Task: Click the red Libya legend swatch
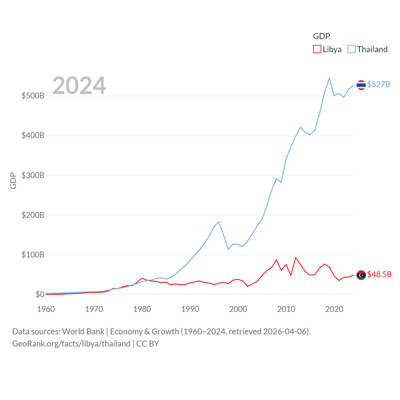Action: pos(317,49)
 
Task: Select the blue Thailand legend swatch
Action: pos(352,49)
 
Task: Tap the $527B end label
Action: pos(378,85)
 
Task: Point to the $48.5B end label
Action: pos(379,274)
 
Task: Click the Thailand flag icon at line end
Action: pos(361,85)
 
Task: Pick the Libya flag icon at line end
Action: pos(361,275)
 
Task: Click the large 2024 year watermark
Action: pos(79,86)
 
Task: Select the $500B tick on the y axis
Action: pos(33,96)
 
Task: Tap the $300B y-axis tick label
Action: pos(33,175)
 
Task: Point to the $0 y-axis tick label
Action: pos(40,294)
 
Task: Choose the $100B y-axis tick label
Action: pos(33,255)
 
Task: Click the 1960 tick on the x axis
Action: pos(46,309)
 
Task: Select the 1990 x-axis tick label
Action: pos(190,309)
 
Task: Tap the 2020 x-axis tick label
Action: pos(334,309)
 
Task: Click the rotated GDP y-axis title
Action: pos(13,181)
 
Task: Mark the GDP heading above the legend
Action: pos(321,36)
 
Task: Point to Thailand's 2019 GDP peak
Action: pos(329,78)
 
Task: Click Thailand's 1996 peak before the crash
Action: pos(219,222)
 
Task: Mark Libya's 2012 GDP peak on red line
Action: pos(296,258)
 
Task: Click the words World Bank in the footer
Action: pos(83,332)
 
